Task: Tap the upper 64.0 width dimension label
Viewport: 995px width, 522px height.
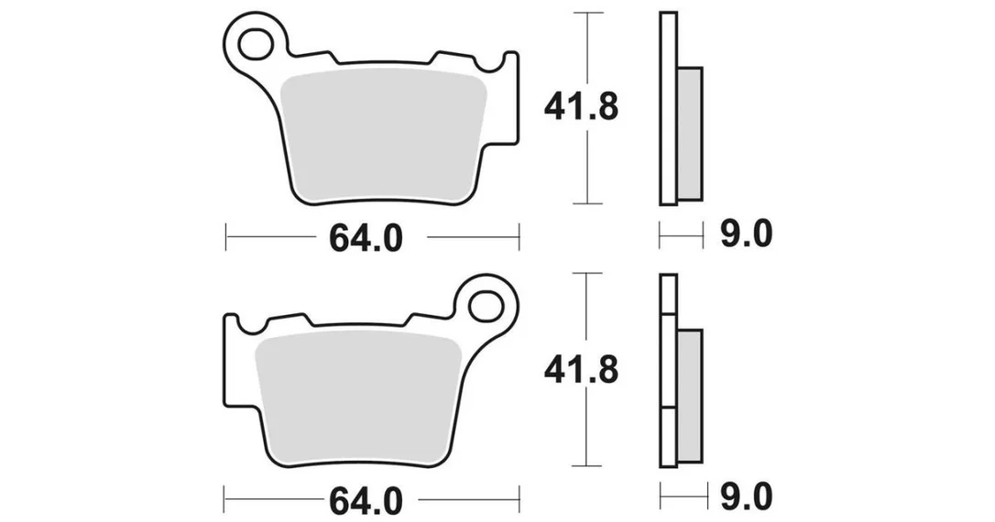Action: [366, 238]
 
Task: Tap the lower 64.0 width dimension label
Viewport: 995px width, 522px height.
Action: [366, 501]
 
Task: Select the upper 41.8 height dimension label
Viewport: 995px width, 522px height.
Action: [581, 108]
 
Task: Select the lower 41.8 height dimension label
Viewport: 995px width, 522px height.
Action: [581, 370]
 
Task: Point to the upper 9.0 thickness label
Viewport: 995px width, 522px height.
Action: [746, 234]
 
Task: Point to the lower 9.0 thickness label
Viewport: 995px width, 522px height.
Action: [746, 497]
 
